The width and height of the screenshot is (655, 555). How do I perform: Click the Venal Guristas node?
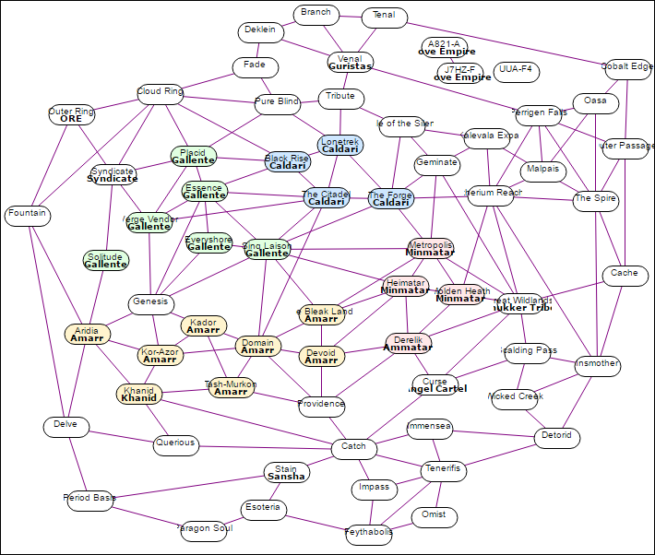point(350,63)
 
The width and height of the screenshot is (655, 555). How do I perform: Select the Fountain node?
point(26,215)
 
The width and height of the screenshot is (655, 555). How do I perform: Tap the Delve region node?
point(66,426)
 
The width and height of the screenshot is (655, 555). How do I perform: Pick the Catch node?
point(353,447)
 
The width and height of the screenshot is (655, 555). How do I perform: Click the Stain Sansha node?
point(285,473)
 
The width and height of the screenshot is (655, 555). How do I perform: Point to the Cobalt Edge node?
point(626,67)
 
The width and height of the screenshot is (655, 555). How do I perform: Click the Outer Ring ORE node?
point(71,115)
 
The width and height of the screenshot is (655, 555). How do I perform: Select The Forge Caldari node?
point(390,198)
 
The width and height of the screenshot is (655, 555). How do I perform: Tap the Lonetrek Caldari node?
point(340,145)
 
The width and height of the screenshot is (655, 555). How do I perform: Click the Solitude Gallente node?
point(106,260)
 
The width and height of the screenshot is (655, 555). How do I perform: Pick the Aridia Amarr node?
point(87,335)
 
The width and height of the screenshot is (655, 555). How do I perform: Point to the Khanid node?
point(139,395)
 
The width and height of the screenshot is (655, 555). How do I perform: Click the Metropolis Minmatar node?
point(430,248)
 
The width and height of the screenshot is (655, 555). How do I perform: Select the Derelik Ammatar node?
point(408,344)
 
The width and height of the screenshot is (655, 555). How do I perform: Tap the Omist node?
point(434,516)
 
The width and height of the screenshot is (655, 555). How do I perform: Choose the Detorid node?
point(556,436)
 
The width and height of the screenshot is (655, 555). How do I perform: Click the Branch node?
point(316,14)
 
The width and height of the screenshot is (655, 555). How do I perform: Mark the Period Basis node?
point(89,499)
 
